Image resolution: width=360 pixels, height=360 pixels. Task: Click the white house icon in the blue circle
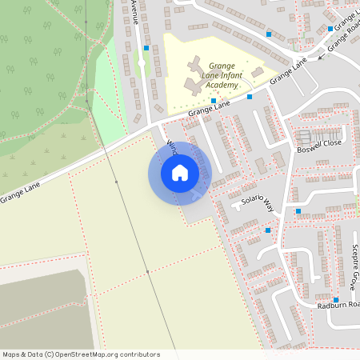click(x=180, y=172)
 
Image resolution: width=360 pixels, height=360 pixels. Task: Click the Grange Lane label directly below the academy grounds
click(x=209, y=109)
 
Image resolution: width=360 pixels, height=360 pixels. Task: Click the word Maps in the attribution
click(x=11, y=354)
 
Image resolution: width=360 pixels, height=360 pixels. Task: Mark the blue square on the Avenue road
click(x=146, y=48)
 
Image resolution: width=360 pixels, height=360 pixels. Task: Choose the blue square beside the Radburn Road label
click(x=336, y=300)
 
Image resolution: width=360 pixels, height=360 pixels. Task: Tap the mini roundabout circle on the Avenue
click(x=141, y=62)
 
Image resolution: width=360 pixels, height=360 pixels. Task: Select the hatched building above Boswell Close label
click(x=303, y=135)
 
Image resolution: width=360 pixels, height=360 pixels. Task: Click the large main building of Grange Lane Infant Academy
click(x=195, y=74)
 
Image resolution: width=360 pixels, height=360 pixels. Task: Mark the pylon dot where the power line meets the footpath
click(x=116, y=183)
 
